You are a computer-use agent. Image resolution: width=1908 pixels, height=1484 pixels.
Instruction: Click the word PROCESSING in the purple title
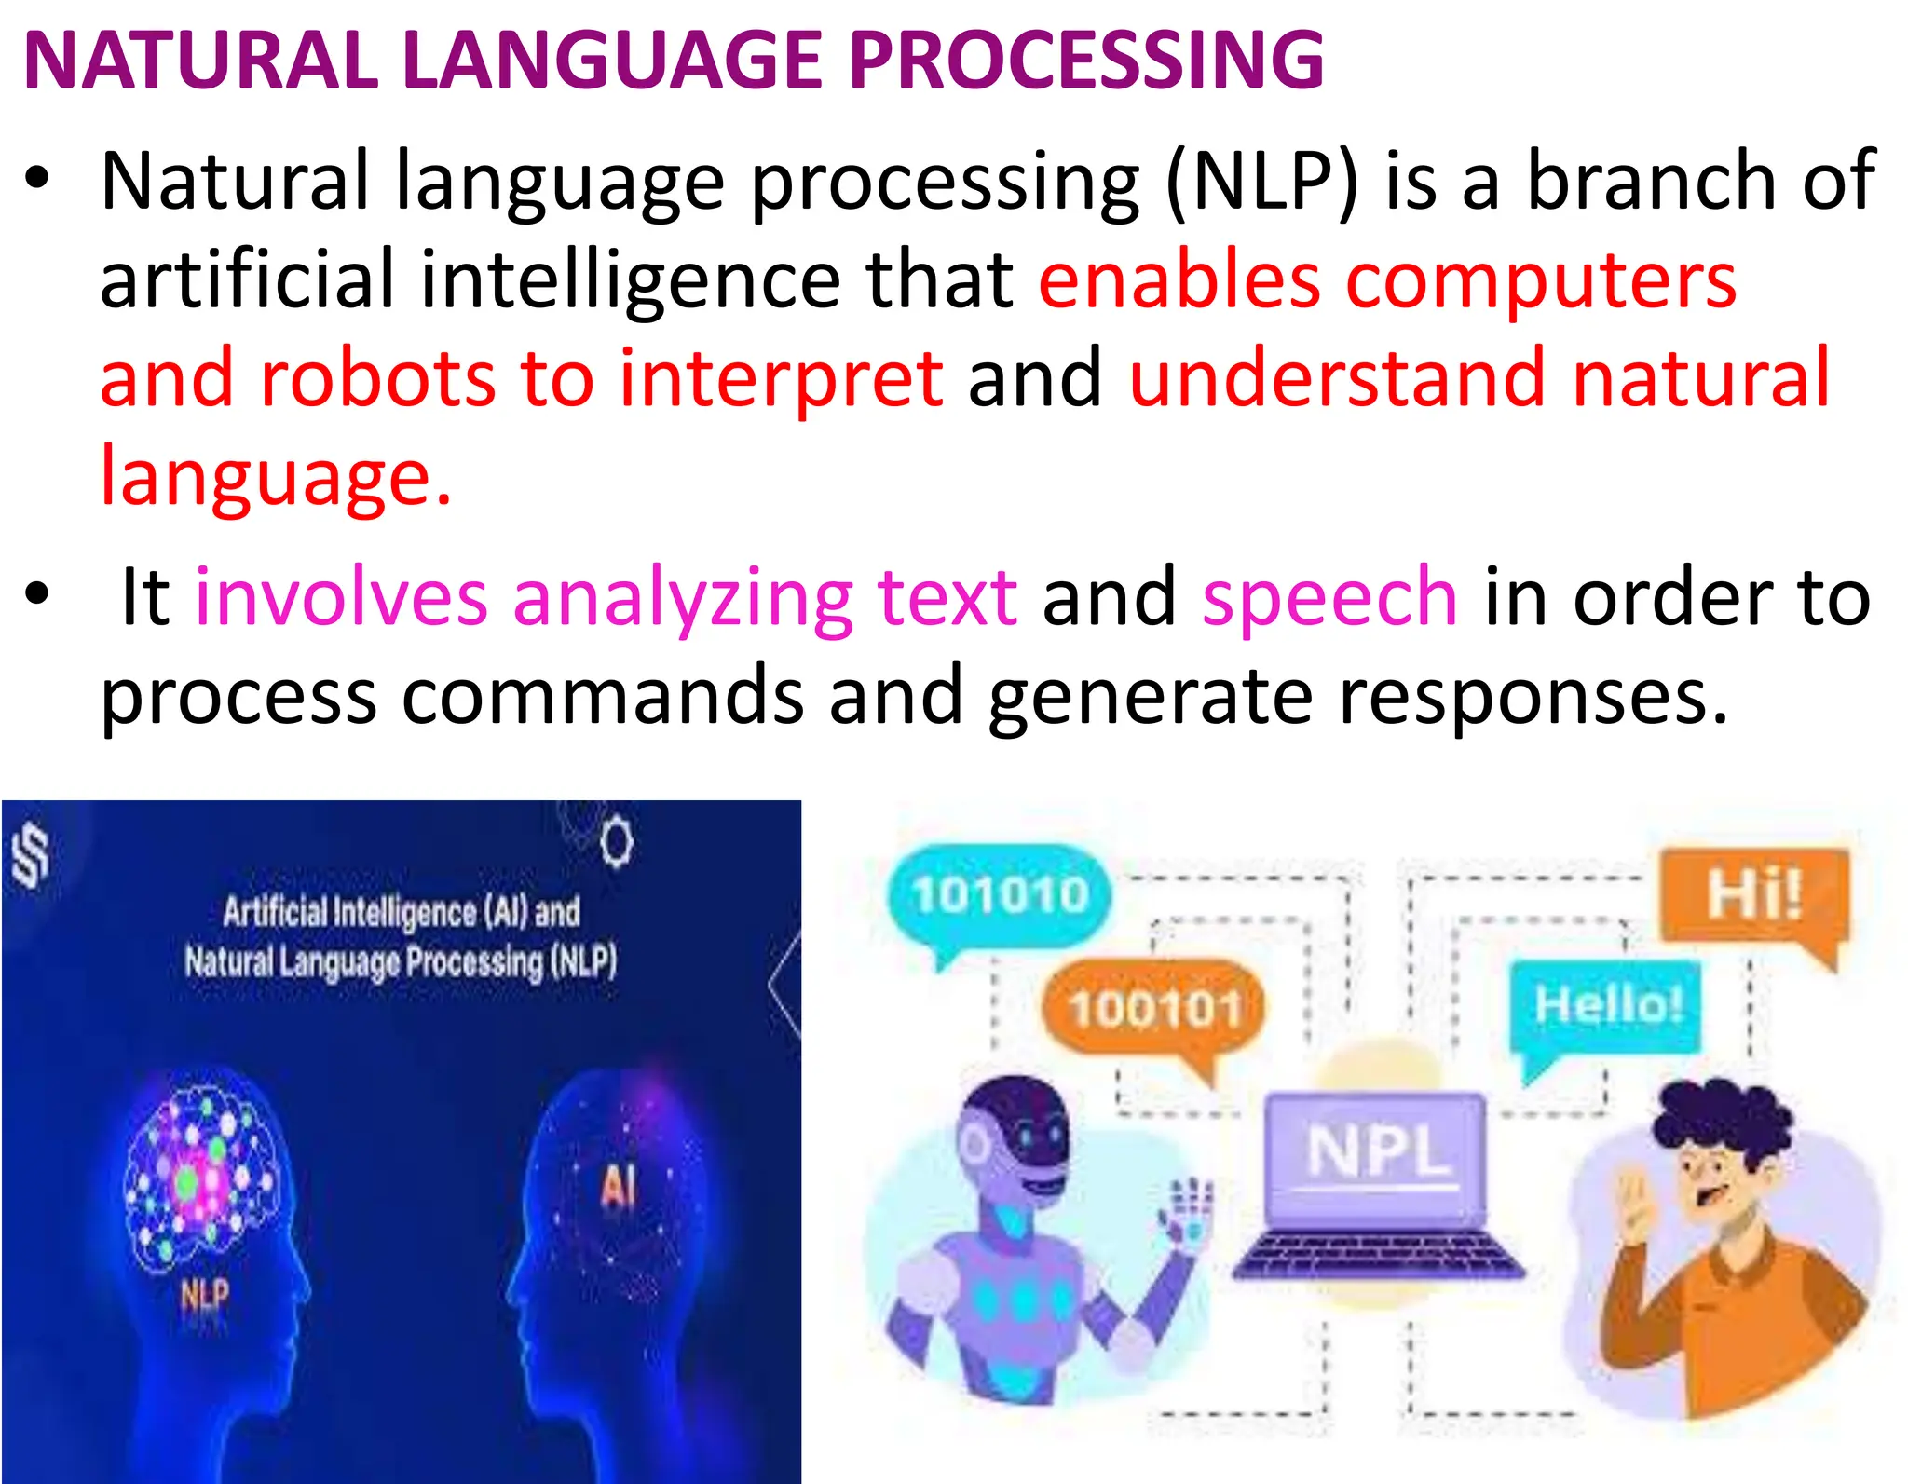[x=1085, y=61]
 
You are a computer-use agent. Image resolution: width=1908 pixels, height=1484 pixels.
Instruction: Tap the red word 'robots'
[x=377, y=379]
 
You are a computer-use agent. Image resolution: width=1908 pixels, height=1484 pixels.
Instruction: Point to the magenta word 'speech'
[x=1329, y=597]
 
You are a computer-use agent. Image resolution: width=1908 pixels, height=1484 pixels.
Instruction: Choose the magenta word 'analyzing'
[x=683, y=597]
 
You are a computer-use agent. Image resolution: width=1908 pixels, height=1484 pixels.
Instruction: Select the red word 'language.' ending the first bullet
[x=276, y=477]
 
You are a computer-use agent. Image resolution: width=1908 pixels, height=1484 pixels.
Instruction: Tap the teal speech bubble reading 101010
[x=1000, y=894]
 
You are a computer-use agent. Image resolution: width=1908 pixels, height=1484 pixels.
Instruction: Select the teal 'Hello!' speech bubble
[x=1608, y=1006]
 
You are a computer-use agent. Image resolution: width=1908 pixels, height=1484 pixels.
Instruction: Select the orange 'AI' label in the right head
[x=618, y=1187]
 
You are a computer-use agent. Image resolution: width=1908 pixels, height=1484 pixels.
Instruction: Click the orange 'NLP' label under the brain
[x=204, y=1294]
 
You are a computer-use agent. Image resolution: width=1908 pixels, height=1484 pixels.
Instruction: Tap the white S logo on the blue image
[x=31, y=855]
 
